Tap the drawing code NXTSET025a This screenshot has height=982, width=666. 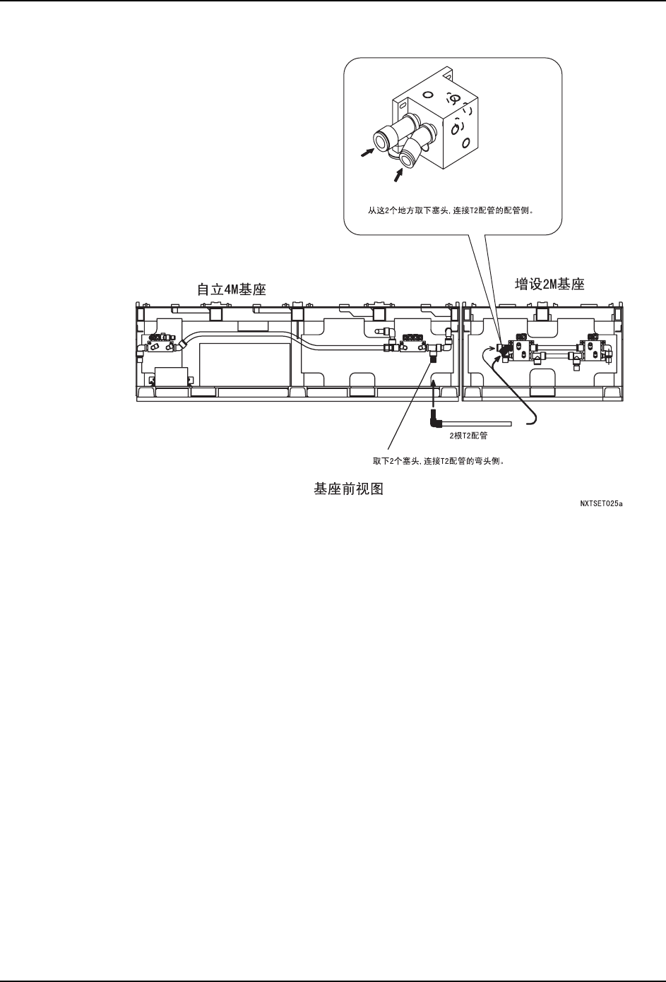click(600, 505)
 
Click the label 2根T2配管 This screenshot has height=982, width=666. click(468, 436)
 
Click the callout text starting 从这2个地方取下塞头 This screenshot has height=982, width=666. click(451, 210)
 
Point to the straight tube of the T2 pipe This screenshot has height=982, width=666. click(475, 424)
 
